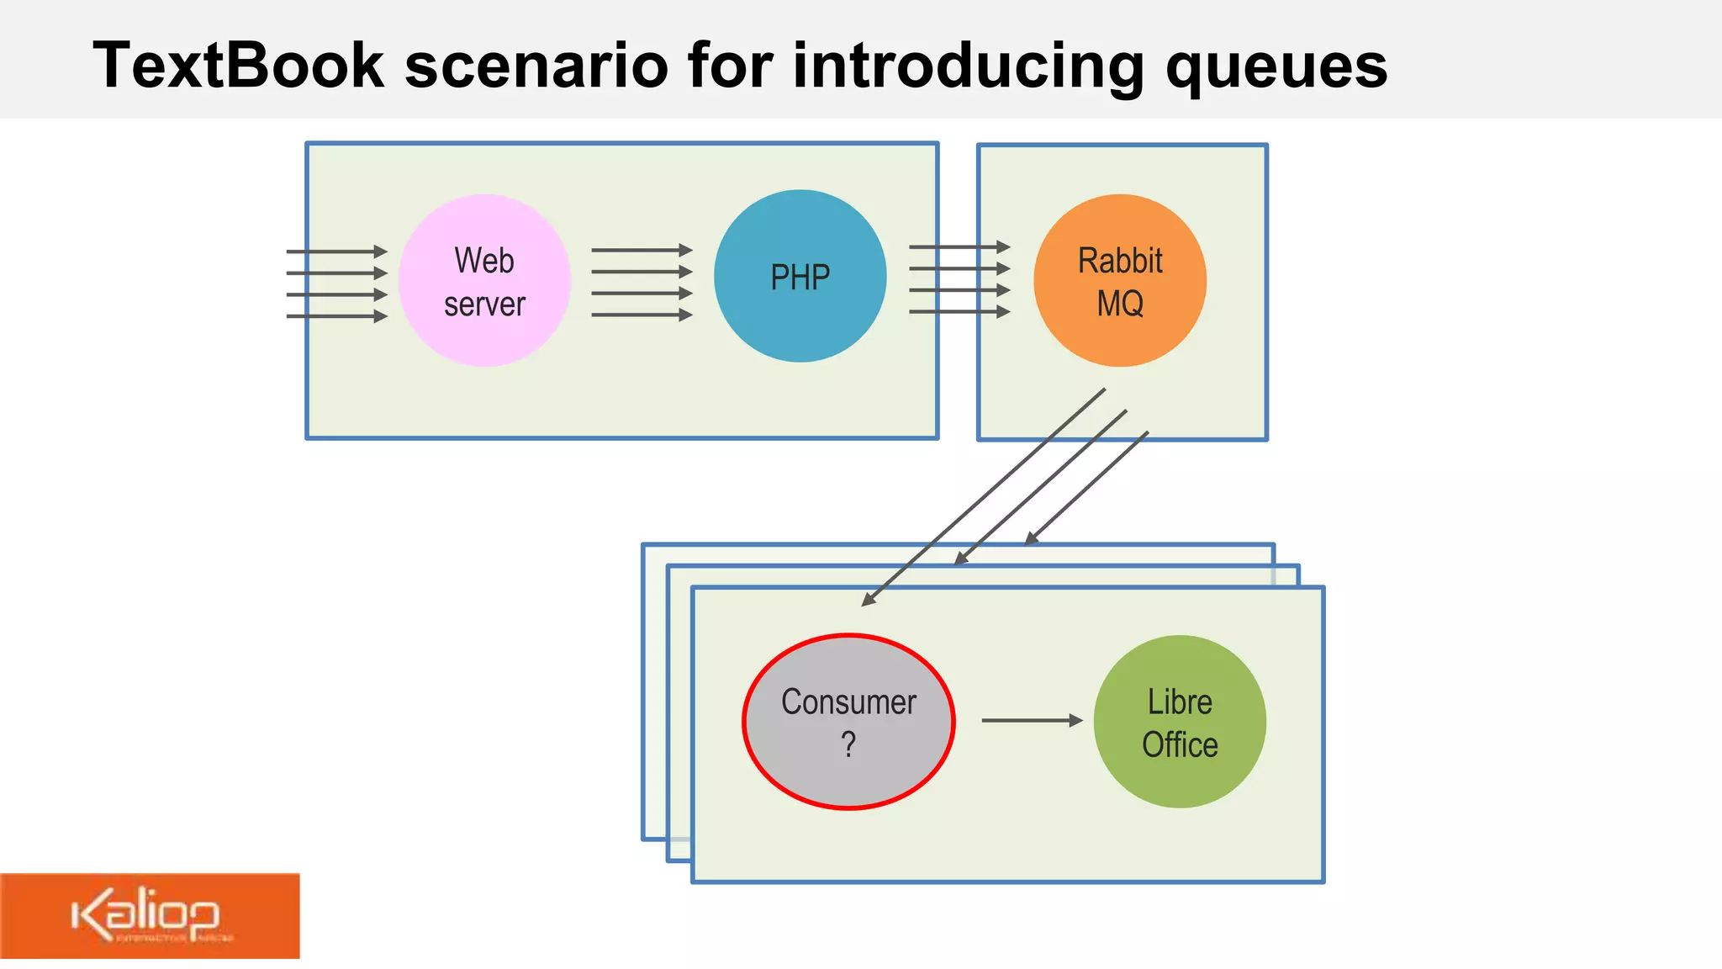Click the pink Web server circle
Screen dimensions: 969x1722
point(484,280)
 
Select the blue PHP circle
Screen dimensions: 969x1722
point(800,276)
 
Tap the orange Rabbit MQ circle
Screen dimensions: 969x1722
point(1120,280)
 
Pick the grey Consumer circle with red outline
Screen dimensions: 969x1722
point(848,722)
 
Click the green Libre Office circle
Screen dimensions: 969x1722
point(1180,722)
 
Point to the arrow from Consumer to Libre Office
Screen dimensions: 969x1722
point(1032,720)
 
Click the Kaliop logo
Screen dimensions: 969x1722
point(149,915)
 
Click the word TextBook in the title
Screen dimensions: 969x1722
point(238,66)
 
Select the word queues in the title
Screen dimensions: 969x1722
point(1276,66)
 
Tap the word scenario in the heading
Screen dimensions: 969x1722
point(536,66)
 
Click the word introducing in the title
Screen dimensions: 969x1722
point(968,66)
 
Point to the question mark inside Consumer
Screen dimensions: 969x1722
point(848,744)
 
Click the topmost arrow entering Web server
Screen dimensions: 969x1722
point(336,252)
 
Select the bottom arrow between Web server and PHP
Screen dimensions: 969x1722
point(642,315)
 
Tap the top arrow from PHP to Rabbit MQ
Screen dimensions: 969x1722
point(959,247)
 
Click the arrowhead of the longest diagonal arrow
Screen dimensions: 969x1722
point(869,600)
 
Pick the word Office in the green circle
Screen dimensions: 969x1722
point(1180,744)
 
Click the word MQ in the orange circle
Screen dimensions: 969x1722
point(1120,303)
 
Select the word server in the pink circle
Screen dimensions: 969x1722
point(484,304)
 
